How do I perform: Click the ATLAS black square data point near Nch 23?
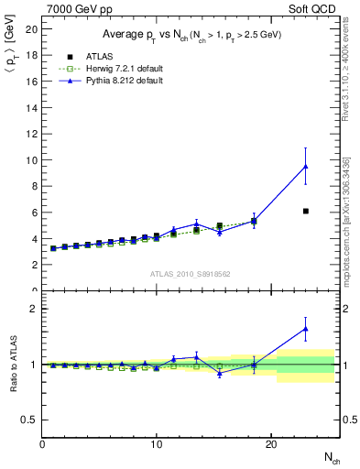[x=306, y=211]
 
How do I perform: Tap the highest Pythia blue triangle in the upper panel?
[x=306, y=167]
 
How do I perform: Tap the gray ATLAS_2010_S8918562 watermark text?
[x=190, y=273]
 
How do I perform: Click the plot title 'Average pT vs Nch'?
[x=191, y=34]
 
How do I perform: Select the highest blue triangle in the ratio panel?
[x=306, y=328]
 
